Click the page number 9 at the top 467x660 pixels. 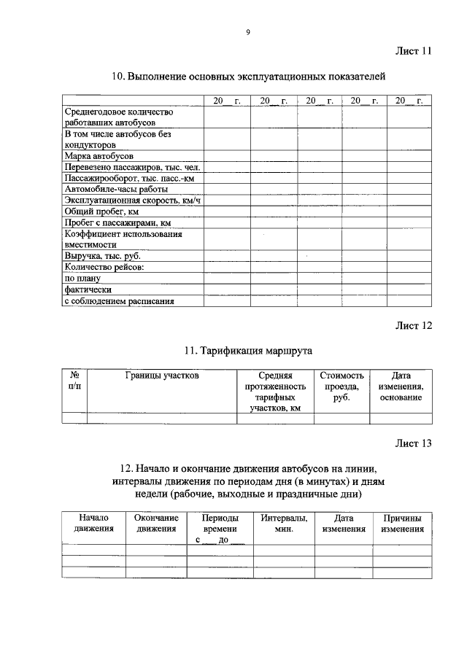pyautogui.click(x=247, y=33)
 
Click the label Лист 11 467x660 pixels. pyautogui.click(x=413, y=51)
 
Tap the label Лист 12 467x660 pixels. pyautogui.click(x=413, y=325)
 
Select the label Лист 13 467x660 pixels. pyautogui.click(x=413, y=443)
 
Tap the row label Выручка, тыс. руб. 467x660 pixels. pyautogui.click(x=102, y=256)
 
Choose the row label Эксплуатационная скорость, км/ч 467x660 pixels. pyautogui.click(x=131, y=200)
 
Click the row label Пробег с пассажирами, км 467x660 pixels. pyautogui.click(x=117, y=222)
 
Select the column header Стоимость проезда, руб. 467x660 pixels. pyautogui.click(x=341, y=387)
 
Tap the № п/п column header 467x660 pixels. pyautogui.click(x=74, y=381)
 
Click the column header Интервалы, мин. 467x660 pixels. pyautogui.click(x=284, y=523)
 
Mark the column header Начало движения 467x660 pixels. pyautogui.click(x=93, y=523)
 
